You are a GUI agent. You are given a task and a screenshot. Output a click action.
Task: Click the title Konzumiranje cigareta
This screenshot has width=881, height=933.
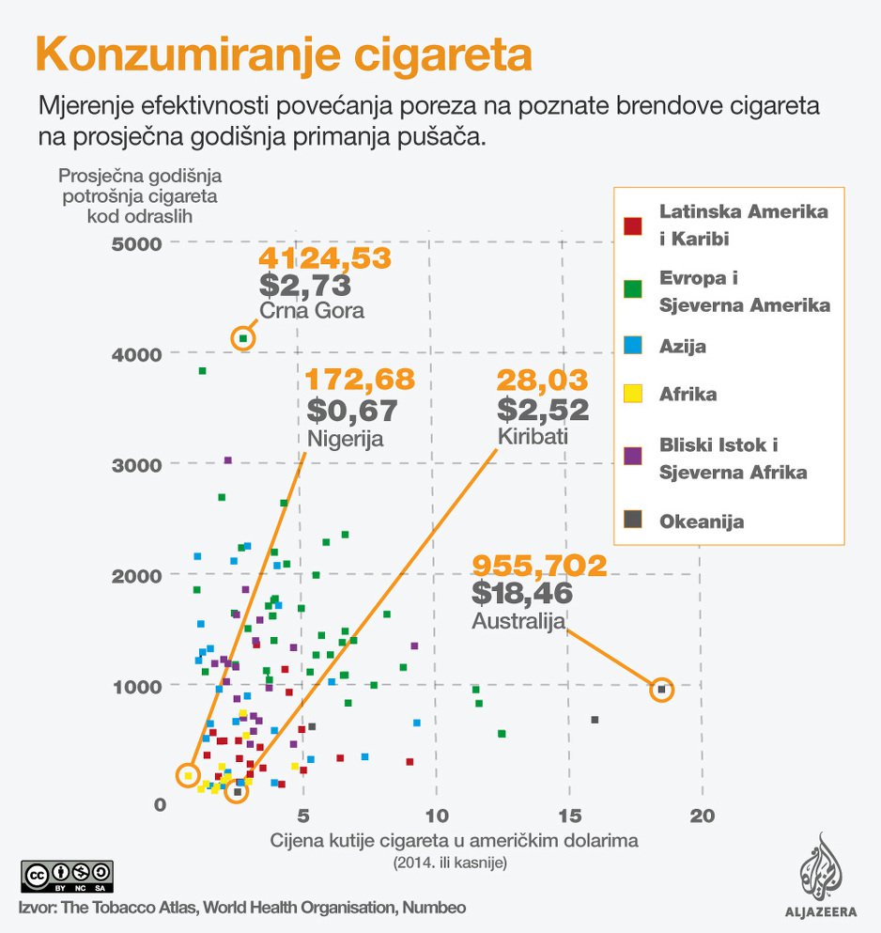click(284, 55)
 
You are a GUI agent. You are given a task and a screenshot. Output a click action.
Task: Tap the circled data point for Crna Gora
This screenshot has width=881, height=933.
click(243, 338)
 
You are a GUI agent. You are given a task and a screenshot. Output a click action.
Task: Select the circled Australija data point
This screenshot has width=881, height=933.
click(662, 690)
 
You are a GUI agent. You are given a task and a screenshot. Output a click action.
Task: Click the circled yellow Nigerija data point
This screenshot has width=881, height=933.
click(189, 775)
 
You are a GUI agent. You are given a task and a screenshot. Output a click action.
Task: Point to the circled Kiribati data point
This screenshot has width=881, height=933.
click(239, 792)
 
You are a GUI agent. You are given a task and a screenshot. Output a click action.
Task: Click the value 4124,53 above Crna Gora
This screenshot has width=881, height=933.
click(324, 259)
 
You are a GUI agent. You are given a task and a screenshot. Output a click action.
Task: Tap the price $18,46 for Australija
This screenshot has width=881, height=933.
click(522, 593)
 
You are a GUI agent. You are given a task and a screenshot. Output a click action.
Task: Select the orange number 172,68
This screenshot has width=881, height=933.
click(361, 381)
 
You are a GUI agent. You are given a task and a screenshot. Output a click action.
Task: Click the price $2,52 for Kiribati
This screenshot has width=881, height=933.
click(544, 410)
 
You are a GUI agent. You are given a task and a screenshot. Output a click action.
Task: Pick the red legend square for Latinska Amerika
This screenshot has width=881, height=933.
click(633, 225)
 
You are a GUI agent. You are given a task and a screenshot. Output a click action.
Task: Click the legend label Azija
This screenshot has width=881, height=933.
click(683, 347)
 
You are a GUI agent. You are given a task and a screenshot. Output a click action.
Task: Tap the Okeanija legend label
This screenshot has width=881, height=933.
click(702, 521)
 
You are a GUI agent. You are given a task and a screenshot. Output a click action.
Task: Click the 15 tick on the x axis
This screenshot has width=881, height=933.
click(567, 813)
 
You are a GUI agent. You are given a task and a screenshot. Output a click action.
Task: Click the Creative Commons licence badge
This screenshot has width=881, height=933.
click(67, 876)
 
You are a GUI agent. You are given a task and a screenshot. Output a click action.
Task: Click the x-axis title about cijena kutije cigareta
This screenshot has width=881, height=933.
click(455, 841)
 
